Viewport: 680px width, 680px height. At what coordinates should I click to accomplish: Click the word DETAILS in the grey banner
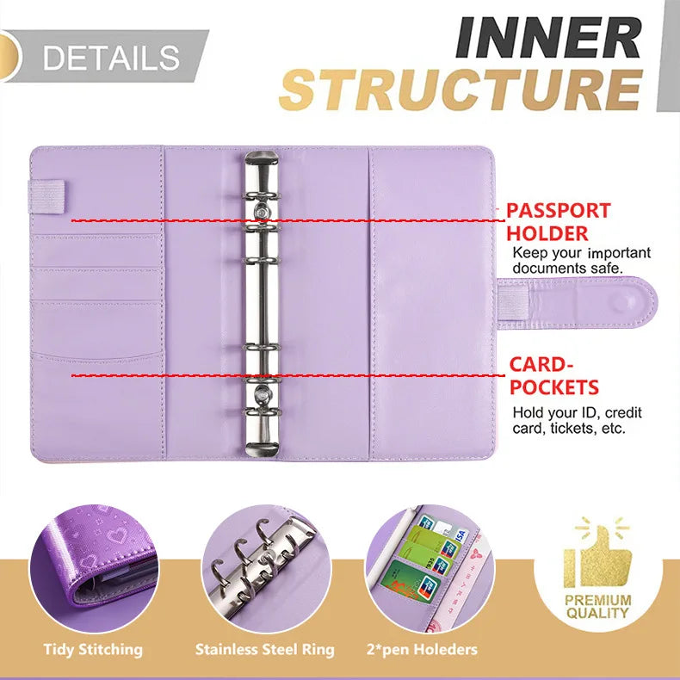(x=112, y=58)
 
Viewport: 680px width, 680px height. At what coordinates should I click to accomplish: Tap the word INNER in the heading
(x=549, y=39)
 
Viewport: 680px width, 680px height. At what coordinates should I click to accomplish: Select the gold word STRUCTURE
(x=461, y=90)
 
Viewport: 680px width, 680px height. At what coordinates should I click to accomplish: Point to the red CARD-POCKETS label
(x=554, y=376)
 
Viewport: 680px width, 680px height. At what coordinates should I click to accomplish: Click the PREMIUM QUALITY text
(x=598, y=606)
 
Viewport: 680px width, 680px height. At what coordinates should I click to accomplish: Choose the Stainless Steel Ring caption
(x=264, y=649)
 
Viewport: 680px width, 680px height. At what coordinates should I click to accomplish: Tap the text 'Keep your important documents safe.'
(x=581, y=261)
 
